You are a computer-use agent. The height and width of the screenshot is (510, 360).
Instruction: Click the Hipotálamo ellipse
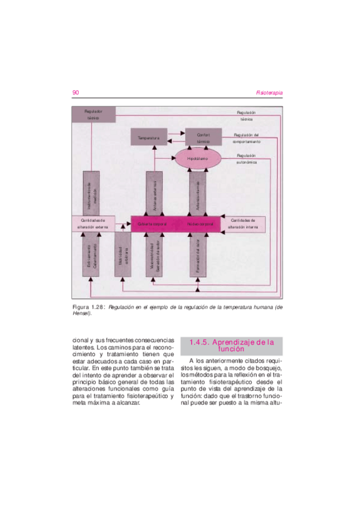coord(198,158)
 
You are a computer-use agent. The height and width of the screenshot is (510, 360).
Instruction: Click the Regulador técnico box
coord(94,115)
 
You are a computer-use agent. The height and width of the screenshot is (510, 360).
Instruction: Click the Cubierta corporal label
coord(152,224)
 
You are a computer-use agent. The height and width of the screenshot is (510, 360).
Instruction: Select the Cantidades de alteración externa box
coord(93,224)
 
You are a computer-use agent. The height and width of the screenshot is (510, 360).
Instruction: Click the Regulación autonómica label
coord(246,159)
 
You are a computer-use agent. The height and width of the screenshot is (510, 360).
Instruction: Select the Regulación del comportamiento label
coord(246,138)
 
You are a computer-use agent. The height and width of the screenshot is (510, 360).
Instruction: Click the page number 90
coord(76,93)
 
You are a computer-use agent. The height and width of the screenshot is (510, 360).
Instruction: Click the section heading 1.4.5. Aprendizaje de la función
coord(231,345)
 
